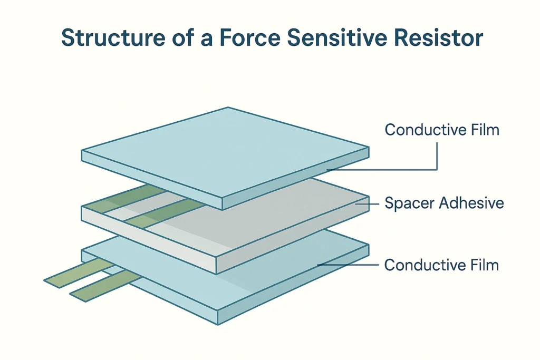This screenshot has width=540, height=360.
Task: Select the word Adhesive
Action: pyautogui.click(x=469, y=203)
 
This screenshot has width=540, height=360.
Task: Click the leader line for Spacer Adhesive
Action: pyautogui.click(x=367, y=203)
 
